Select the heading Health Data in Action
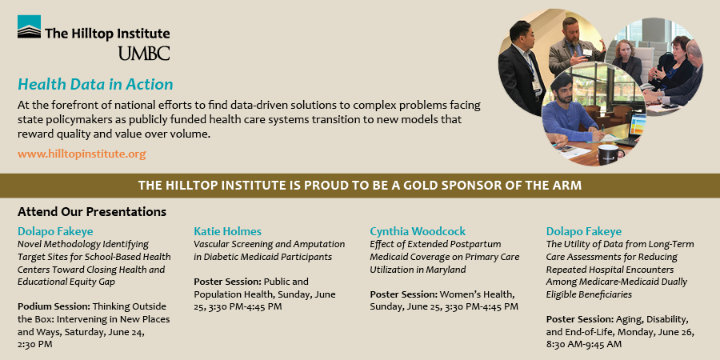pyautogui.click(x=95, y=84)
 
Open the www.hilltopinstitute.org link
pyautogui.click(x=82, y=153)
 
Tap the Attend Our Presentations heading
pyautogui.click(x=92, y=212)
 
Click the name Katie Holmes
pyautogui.click(x=227, y=230)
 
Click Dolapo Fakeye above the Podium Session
pyautogui.click(x=52, y=230)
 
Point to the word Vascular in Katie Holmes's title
pyautogui.click(x=213, y=244)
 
